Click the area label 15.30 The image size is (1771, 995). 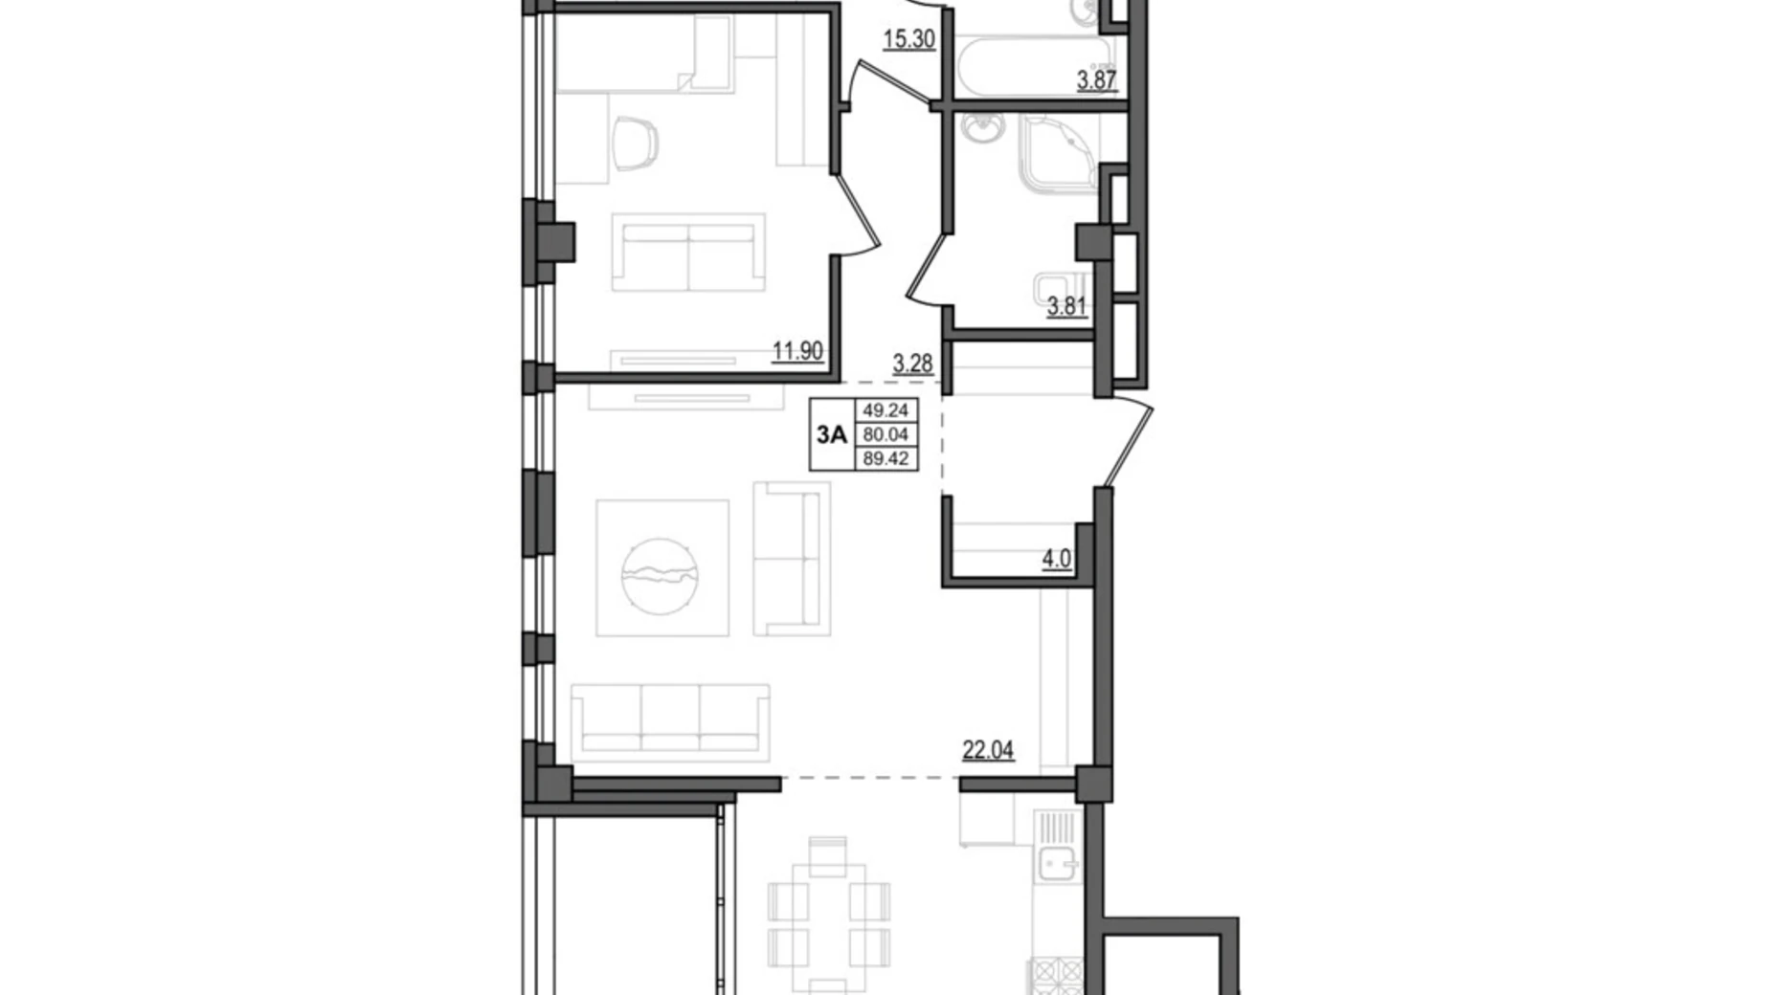pyautogui.click(x=908, y=40)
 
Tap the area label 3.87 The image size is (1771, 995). pyautogui.click(x=1096, y=80)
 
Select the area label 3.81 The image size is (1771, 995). pyautogui.click(x=1066, y=306)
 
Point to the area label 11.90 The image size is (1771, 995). pyautogui.click(x=797, y=351)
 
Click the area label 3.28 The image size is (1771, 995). pyautogui.click(x=912, y=364)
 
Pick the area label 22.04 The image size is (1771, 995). pyautogui.click(x=988, y=750)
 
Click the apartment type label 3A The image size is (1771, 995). pyautogui.click(x=831, y=435)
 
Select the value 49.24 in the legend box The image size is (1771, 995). pyautogui.click(x=885, y=410)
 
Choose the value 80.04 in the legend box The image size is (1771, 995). pyautogui.click(x=885, y=435)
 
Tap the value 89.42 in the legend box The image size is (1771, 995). pyautogui.click(x=885, y=459)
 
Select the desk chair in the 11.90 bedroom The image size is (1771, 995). pyautogui.click(x=635, y=144)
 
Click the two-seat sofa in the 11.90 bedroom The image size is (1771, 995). pyautogui.click(x=688, y=254)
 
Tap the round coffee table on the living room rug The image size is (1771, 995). pyautogui.click(x=660, y=575)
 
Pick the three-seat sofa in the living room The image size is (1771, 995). pyautogui.click(x=670, y=723)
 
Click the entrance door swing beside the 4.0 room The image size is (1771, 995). pyautogui.click(x=1128, y=442)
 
